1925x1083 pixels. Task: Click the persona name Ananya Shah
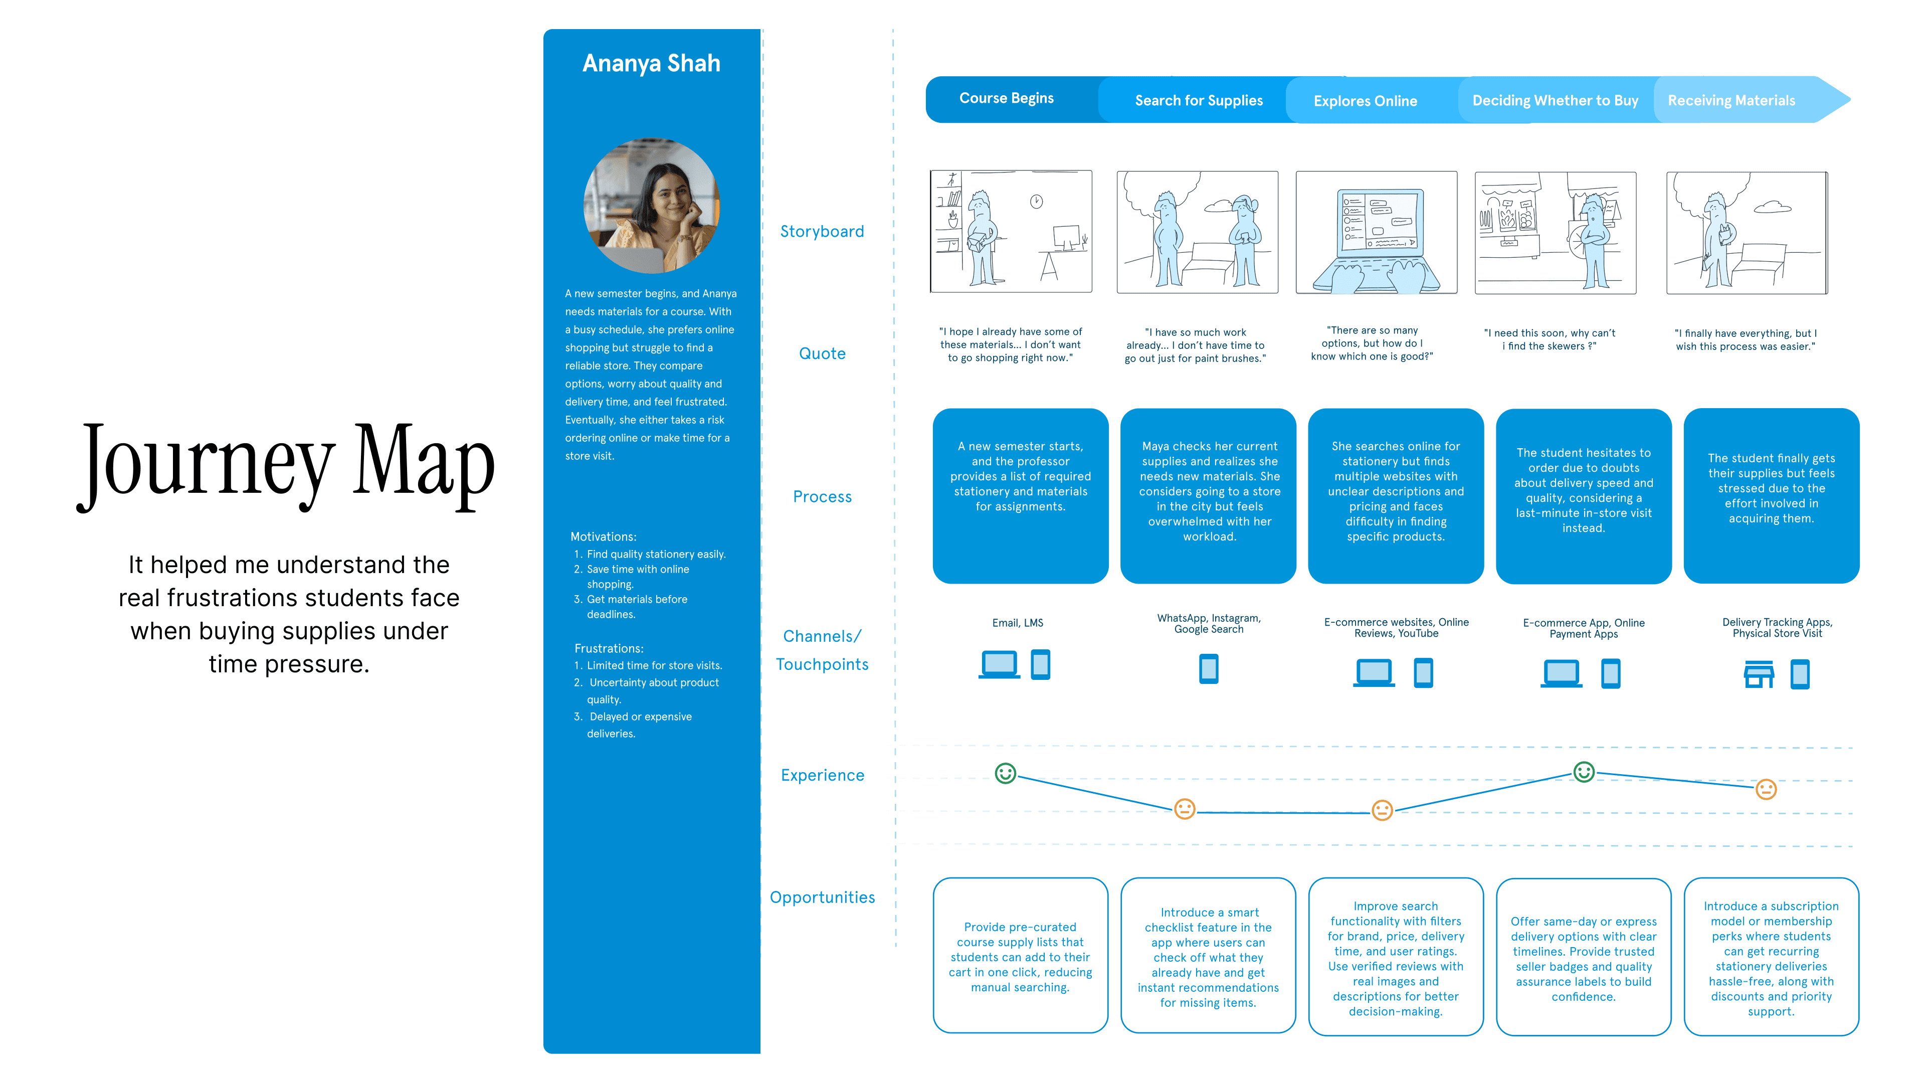click(651, 64)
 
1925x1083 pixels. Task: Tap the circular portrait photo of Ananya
click(651, 206)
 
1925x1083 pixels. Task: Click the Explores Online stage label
click(1365, 101)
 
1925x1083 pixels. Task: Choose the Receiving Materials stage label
click(1730, 100)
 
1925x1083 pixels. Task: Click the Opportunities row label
click(822, 897)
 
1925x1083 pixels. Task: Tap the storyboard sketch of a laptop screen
click(1376, 232)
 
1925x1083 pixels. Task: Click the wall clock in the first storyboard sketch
click(1037, 201)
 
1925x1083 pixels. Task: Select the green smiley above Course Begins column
click(1005, 774)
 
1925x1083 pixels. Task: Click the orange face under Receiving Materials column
click(1765, 789)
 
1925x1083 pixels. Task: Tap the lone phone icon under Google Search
click(1208, 668)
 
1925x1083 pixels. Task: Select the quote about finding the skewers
click(1549, 339)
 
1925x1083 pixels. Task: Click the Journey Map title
click(287, 463)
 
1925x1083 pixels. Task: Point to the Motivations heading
click(603, 536)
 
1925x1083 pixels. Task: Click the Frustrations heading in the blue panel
click(608, 648)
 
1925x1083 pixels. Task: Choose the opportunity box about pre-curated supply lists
click(1020, 957)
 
